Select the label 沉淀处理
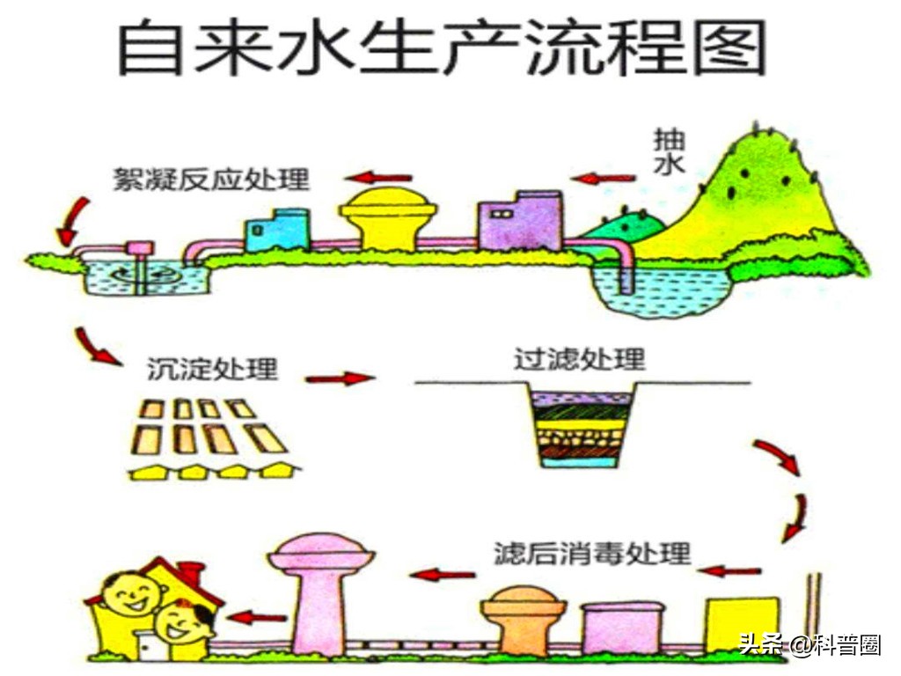tap(211, 368)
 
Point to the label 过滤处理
tap(579, 359)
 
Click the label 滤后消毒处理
tap(592, 554)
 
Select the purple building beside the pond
tap(519, 222)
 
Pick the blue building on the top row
tap(276, 231)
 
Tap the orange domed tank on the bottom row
tap(523, 616)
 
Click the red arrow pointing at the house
tap(252, 617)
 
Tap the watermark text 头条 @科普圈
tap(809, 645)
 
